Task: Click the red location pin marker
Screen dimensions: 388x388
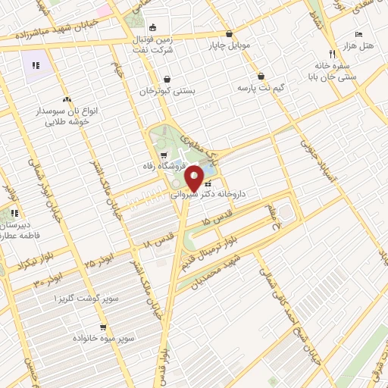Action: pos(194,178)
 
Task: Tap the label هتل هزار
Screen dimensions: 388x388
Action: pos(357,47)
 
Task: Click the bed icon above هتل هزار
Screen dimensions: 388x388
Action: pos(358,35)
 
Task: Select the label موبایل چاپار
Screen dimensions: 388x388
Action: pos(230,45)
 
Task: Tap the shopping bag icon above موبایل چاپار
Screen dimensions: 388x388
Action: pos(229,33)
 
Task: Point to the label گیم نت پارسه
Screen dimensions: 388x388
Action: pos(261,89)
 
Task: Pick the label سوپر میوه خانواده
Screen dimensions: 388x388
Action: pos(104,336)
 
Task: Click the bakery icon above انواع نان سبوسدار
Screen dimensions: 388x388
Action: pos(67,99)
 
